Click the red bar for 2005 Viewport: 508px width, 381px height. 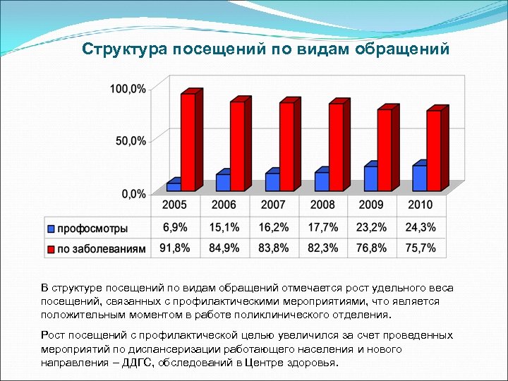pos(188,141)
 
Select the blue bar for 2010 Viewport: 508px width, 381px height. pos(420,177)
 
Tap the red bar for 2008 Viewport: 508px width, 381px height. pos(337,146)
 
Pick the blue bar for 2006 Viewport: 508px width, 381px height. pos(223,182)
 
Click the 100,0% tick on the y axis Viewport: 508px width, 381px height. pos(128,89)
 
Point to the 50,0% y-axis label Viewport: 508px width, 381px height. pos(131,141)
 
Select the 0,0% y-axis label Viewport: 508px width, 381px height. pos(133,193)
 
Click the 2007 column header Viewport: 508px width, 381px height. pos(273,205)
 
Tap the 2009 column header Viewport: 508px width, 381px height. pos(371,205)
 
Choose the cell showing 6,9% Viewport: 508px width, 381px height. pos(175,227)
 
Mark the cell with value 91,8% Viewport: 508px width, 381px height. pos(175,248)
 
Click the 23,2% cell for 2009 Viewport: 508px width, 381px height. pos(371,227)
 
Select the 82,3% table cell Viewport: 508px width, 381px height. pos(322,248)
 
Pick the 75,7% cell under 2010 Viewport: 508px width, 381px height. pos(421,248)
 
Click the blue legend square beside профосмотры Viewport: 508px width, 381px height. pos(51,229)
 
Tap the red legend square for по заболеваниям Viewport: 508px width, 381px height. pos(51,249)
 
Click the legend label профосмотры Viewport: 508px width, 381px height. pos(92,228)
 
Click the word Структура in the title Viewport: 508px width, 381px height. pos(121,50)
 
